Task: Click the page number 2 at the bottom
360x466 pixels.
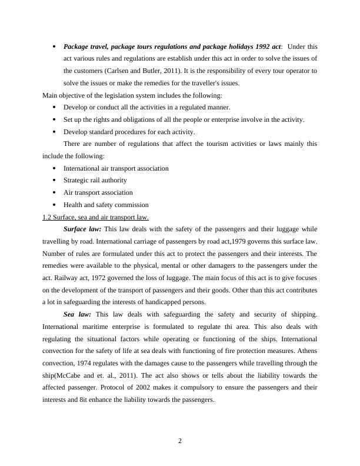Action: (x=180, y=442)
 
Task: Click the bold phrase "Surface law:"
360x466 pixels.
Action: (x=82, y=229)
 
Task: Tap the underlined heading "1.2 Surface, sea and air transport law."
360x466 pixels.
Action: (x=95, y=217)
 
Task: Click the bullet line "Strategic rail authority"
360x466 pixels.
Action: (x=95, y=180)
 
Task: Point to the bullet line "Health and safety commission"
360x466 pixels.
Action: (x=106, y=205)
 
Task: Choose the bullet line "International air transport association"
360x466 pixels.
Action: (x=116, y=168)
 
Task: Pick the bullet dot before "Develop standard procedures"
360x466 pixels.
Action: (x=54, y=132)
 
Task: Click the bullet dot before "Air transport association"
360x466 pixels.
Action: (x=54, y=192)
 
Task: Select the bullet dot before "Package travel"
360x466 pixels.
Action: (x=54, y=46)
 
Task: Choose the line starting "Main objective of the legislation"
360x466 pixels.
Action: (x=132, y=95)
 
